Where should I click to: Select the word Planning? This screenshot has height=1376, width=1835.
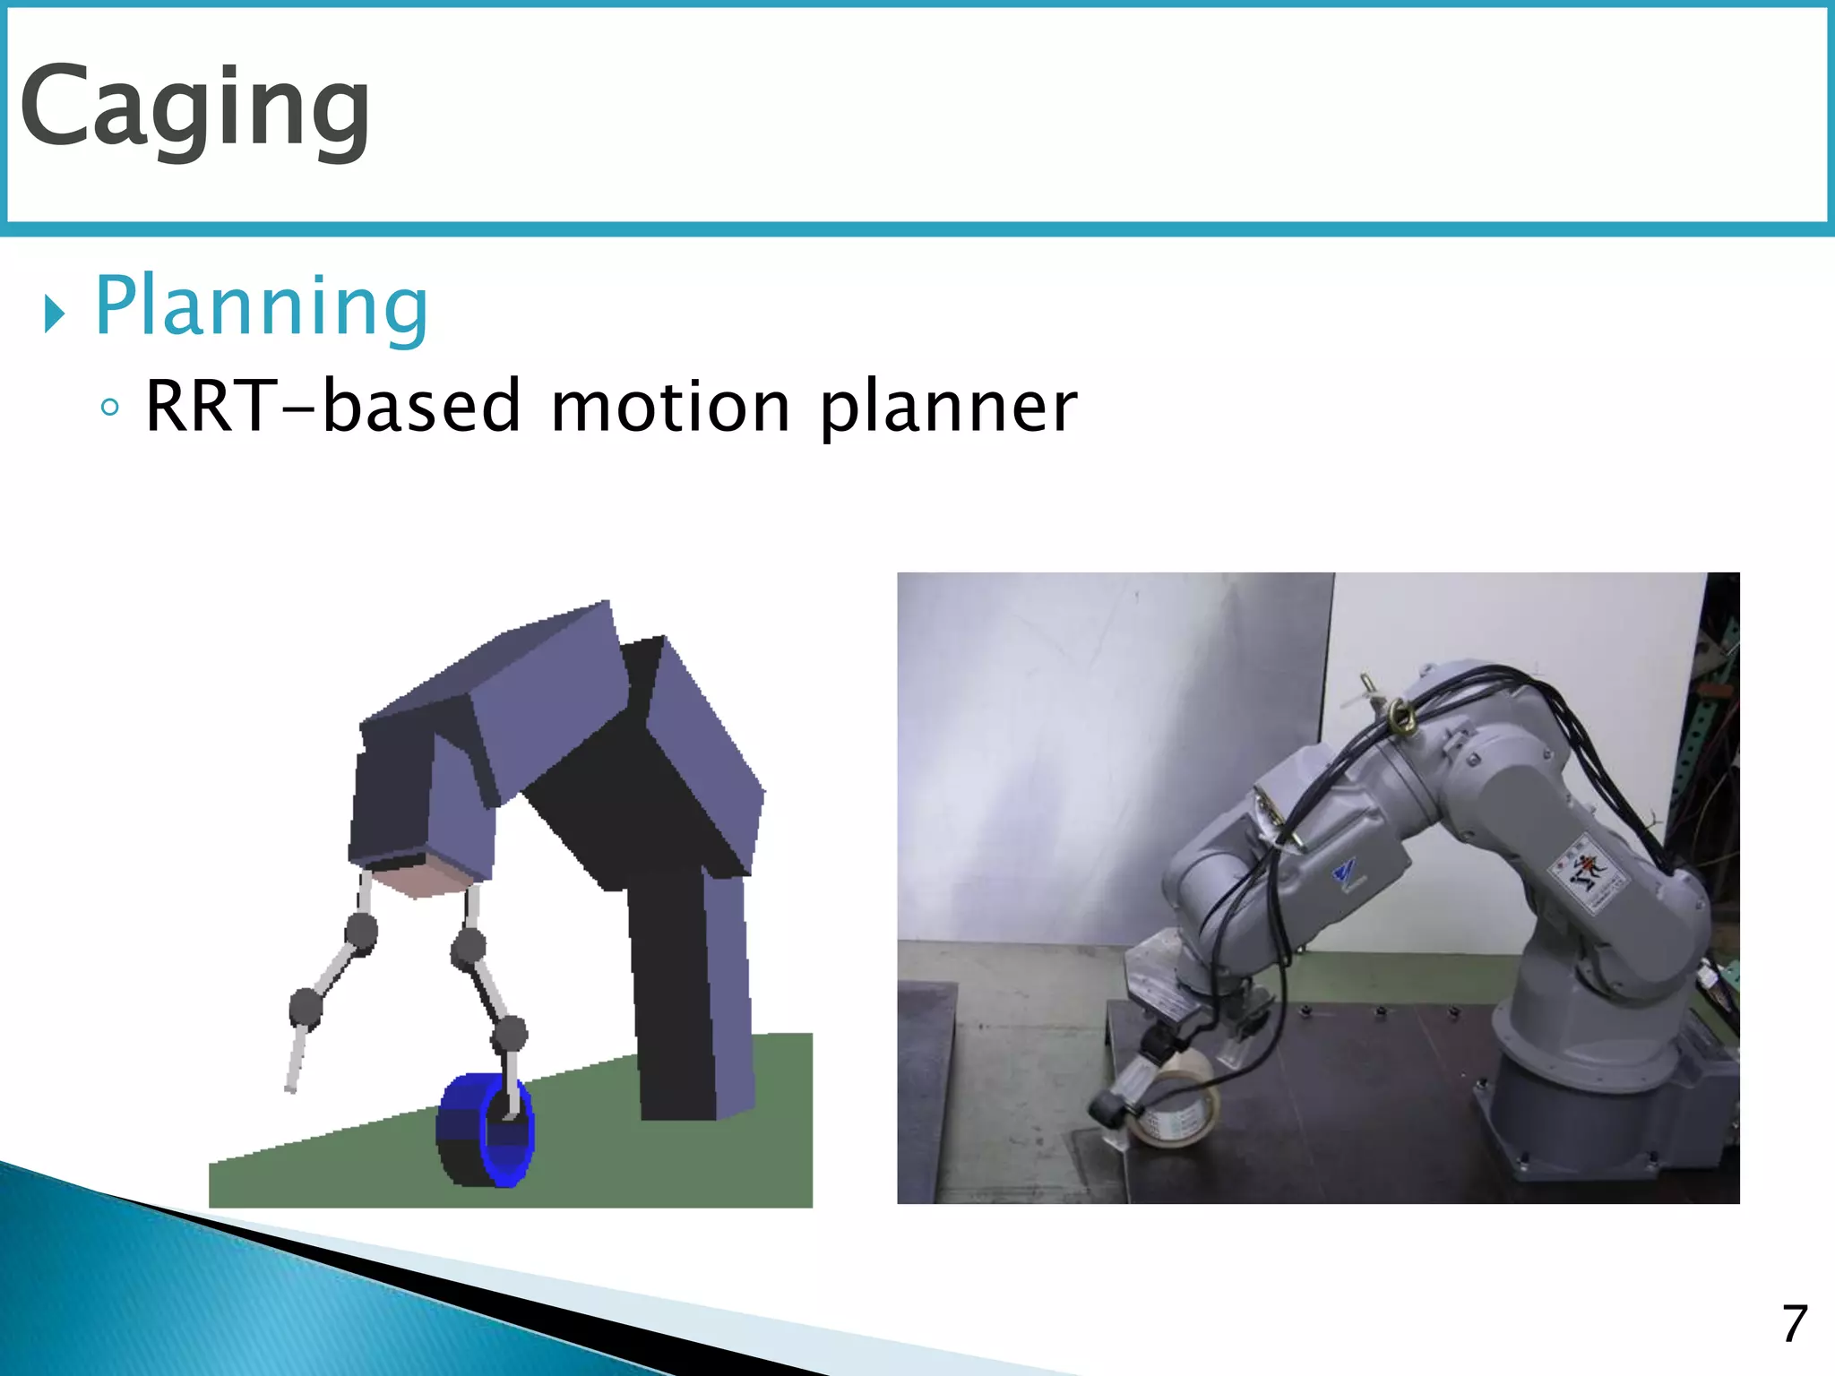click(261, 307)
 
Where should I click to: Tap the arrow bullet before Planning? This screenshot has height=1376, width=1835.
click(55, 314)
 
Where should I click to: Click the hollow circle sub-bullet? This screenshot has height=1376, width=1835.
click(109, 408)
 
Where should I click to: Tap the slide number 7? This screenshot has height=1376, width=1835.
click(1794, 1324)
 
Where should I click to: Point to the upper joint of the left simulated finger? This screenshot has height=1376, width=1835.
click(361, 932)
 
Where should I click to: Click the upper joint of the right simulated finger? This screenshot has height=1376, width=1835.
click(469, 946)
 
